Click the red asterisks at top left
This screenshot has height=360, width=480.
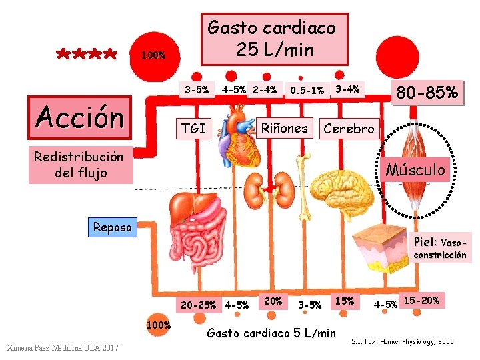click(87, 53)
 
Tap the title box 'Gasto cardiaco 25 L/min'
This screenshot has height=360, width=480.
click(272, 39)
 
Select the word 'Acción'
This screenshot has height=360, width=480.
click(80, 117)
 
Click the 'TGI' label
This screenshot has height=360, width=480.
click(193, 129)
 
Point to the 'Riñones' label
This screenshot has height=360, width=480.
click(285, 128)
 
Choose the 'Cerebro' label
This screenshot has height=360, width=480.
click(349, 129)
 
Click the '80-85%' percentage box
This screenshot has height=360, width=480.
click(427, 93)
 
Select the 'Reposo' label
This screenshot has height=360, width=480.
click(112, 227)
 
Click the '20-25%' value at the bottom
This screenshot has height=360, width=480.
click(198, 305)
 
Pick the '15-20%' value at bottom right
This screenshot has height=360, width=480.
click(421, 301)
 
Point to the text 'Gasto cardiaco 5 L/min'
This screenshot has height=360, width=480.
click(272, 333)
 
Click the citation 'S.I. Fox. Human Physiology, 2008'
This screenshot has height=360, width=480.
click(402, 341)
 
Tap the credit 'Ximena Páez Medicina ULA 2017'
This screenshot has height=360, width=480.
click(62, 347)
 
